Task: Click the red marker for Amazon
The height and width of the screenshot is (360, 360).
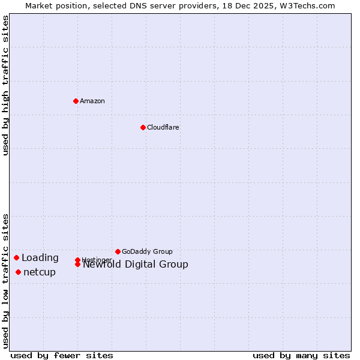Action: coord(76,101)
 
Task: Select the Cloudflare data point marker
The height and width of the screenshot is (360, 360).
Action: coord(143,127)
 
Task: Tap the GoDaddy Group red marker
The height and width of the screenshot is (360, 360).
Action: coord(118,251)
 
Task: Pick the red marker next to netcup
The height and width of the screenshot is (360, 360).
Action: coord(18,272)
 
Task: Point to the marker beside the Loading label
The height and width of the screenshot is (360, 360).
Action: coord(16,257)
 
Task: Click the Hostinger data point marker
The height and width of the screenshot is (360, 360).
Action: coord(77,260)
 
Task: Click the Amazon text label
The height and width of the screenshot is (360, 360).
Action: coord(92,101)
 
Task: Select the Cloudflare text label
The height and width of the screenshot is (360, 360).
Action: coord(163,127)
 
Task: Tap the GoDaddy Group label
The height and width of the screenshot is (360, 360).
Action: coord(147,251)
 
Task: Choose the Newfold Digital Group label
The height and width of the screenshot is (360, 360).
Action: coord(136,265)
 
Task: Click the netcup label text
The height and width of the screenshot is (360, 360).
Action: coord(40,272)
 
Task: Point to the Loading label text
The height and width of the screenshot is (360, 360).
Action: coord(40,258)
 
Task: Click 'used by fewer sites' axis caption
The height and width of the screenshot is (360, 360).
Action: coord(62,355)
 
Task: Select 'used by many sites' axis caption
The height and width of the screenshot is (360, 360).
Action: coord(301,355)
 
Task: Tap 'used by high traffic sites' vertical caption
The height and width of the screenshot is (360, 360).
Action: coord(6,85)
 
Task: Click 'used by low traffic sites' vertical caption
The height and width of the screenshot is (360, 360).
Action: coord(6,280)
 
